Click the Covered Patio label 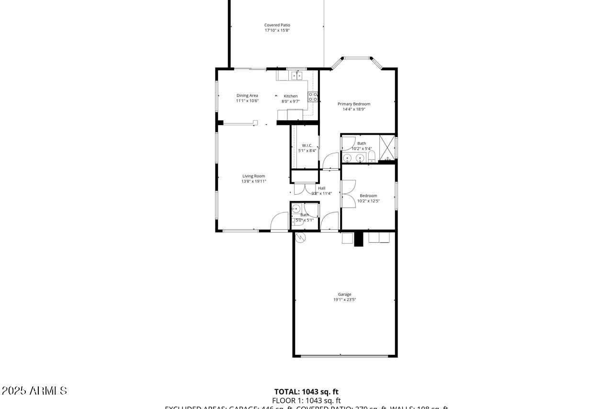pyautogui.click(x=277, y=25)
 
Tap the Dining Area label pyautogui.click(x=247, y=95)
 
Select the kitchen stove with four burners pyautogui.click(x=313, y=97)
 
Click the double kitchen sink pyautogui.click(x=297, y=75)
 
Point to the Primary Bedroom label pyautogui.click(x=354, y=104)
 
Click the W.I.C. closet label pyautogui.click(x=307, y=145)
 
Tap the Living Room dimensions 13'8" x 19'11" pyautogui.click(x=253, y=181)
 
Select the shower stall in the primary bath pyautogui.click(x=386, y=147)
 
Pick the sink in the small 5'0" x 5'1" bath pyautogui.click(x=296, y=209)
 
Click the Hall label pyautogui.click(x=322, y=188)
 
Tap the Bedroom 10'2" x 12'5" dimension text pyautogui.click(x=368, y=201)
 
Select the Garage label pyautogui.click(x=344, y=294)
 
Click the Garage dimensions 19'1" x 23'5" pyautogui.click(x=344, y=300)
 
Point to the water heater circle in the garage pyautogui.click(x=300, y=236)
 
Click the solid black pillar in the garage pyautogui.click(x=359, y=239)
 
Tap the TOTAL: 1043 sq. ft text pyautogui.click(x=306, y=392)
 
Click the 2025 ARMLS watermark pyautogui.click(x=34, y=391)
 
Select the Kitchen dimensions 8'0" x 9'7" pyautogui.click(x=290, y=101)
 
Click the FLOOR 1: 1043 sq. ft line pyautogui.click(x=306, y=400)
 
